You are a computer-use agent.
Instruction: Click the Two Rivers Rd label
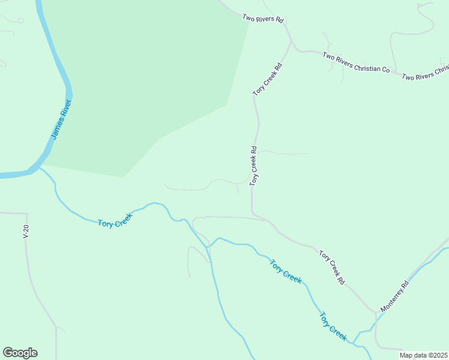coord(263,19)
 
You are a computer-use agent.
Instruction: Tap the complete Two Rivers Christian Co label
coord(356,62)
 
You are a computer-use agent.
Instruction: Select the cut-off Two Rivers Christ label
coord(425,71)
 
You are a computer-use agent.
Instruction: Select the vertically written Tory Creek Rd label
coord(253,166)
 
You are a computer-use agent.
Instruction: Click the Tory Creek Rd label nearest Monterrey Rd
coord(332,267)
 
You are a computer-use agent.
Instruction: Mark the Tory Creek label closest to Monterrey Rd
coord(333,326)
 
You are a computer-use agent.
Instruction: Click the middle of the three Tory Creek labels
coord(285,271)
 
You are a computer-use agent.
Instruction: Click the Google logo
coord(20,353)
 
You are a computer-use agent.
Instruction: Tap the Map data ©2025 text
coord(424,355)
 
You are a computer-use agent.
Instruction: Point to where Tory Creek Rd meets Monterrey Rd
coord(376,312)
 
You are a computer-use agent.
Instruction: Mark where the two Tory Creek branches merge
coord(208,246)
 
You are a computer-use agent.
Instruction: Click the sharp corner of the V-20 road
coord(26,213)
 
